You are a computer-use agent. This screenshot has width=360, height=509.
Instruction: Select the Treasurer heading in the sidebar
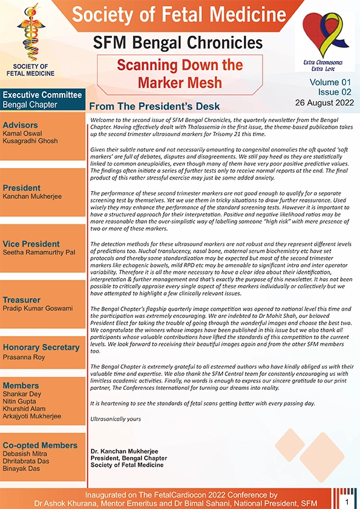click(22, 299)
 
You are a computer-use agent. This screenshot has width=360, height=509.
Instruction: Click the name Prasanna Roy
click(24, 356)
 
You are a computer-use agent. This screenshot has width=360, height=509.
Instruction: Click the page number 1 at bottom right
click(347, 502)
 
